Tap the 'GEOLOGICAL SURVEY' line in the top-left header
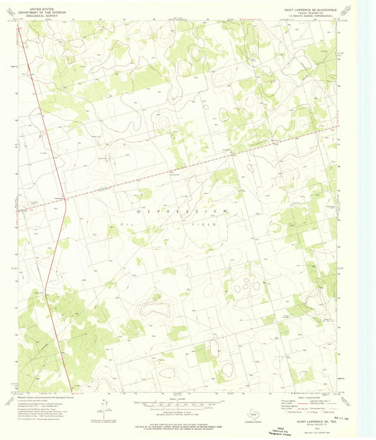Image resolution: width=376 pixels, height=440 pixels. [x=37, y=13]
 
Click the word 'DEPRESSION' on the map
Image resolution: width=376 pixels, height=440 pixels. [x=183, y=211]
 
